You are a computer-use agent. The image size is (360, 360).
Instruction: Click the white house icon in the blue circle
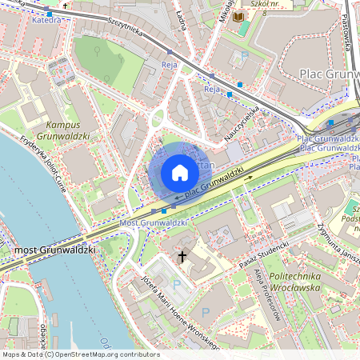[x=180, y=173]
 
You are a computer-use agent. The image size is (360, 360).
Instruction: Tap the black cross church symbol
[x=182, y=257]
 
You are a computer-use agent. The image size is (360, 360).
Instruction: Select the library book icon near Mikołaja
[x=239, y=16]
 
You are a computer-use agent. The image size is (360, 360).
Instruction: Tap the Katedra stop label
[x=46, y=20]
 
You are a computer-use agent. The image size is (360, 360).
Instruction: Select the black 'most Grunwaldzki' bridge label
[x=55, y=250]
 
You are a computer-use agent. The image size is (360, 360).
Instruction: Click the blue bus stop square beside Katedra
[x=50, y=14]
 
